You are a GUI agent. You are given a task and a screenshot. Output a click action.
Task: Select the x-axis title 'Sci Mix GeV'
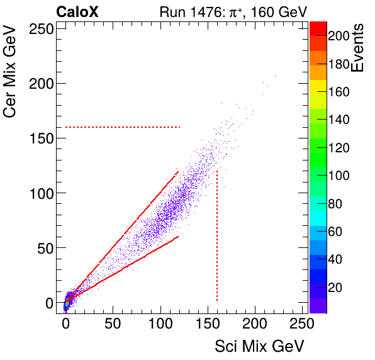coord(259,346)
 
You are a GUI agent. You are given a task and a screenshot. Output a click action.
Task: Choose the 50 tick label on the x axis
coord(113,325)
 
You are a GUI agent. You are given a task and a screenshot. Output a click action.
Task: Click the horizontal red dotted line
coord(123,127)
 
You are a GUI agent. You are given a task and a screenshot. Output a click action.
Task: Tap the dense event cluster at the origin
coord(66,301)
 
